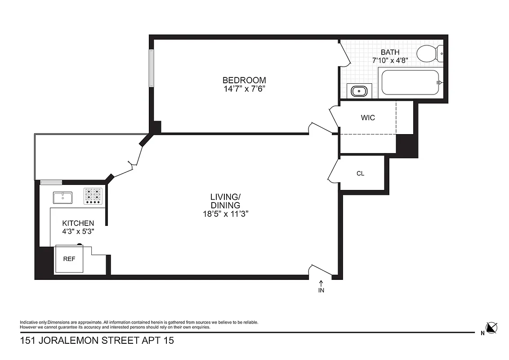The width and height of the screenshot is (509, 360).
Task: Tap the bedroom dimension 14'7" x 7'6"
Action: [x=243, y=89]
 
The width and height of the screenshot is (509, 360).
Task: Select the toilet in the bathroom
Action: [x=429, y=54]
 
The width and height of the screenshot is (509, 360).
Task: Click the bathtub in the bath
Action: [x=410, y=82]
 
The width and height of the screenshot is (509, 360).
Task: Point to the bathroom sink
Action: [x=360, y=91]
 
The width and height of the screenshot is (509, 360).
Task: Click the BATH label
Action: [x=390, y=52]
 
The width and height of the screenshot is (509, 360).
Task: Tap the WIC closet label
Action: [x=367, y=118]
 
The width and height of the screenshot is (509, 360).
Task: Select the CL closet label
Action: [x=360, y=173]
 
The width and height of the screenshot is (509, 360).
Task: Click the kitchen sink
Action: [x=63, y=197]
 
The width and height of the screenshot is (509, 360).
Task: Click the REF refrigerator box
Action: [x=69, y=259]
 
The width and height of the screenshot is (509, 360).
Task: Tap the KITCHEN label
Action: [x=78, y=223]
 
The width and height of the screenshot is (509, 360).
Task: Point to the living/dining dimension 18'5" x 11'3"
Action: [x=225, y=214]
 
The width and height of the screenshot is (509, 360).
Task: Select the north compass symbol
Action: [x=491, y=328]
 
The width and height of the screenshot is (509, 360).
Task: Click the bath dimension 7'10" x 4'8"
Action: [x=390, y=60]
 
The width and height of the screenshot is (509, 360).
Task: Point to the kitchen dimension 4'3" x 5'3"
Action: [x=78, y=231]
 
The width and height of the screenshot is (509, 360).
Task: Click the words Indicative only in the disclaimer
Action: [x=33, y=322]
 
